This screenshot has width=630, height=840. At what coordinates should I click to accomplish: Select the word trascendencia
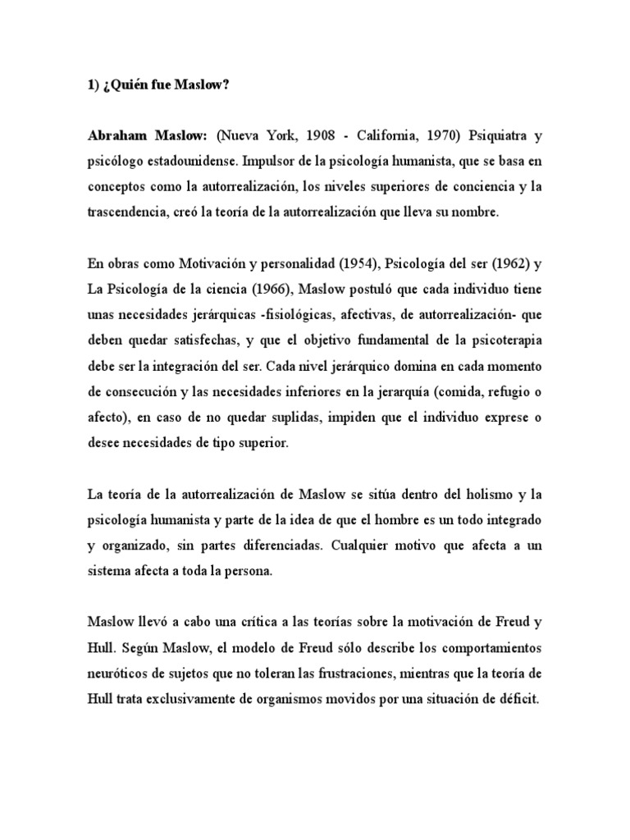coord(127,212)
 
